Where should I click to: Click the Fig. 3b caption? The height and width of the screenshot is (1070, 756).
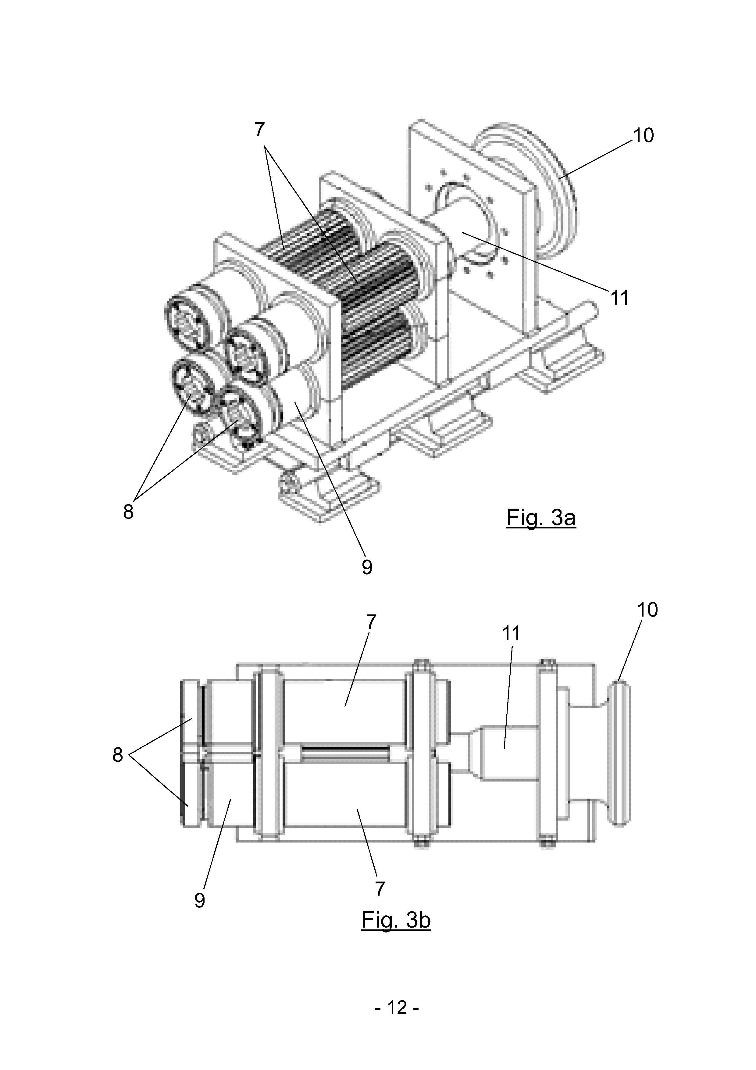(x=396, y=920)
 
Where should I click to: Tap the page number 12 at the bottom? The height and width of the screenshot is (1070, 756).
(x=397, y=1008)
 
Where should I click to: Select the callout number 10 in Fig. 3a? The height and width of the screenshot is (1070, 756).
(x=643, y=136)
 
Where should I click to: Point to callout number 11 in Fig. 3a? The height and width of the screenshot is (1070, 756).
(x=620, y=298)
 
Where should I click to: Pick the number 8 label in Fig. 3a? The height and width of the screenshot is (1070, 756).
(x=128, y=512)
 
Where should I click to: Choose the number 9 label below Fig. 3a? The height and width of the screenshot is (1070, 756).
(x=367, y=567)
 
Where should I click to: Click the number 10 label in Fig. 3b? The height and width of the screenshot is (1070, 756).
(x=647, y=610)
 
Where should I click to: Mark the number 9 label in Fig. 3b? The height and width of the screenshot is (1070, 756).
(x=199, y=901)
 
